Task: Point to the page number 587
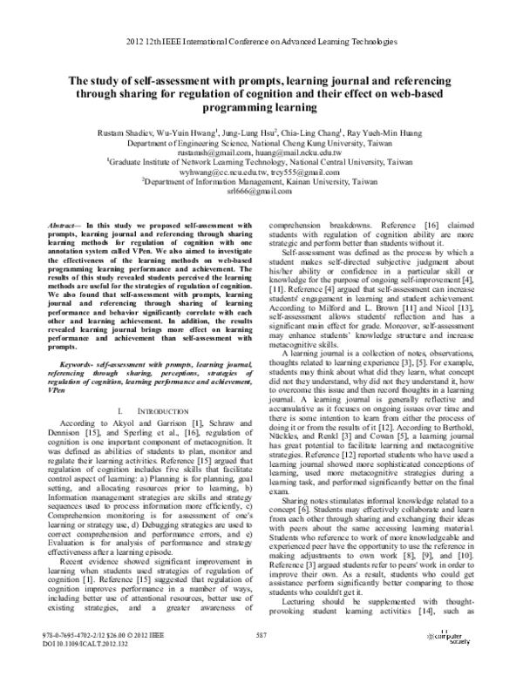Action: (261, 659)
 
